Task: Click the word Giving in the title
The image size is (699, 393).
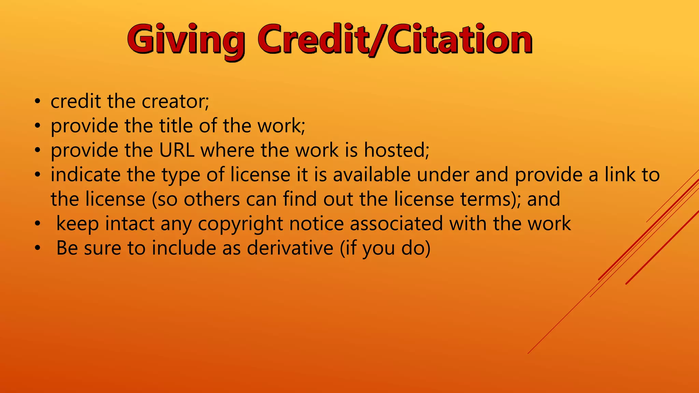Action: pos(186,40)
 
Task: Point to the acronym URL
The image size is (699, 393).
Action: pos(177,150)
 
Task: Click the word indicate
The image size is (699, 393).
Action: pos(86,175)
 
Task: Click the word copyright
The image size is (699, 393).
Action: pos(240,224)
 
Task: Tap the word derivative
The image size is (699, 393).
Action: pos(290,248)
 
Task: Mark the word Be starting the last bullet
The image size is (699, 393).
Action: pos(67,248)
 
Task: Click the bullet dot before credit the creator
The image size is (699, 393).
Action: pos(38,101)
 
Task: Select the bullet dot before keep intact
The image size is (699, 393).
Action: pos(38,224)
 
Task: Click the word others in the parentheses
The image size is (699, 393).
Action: pos(212,199)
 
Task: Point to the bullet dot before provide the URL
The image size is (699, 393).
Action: pos(38,150)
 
